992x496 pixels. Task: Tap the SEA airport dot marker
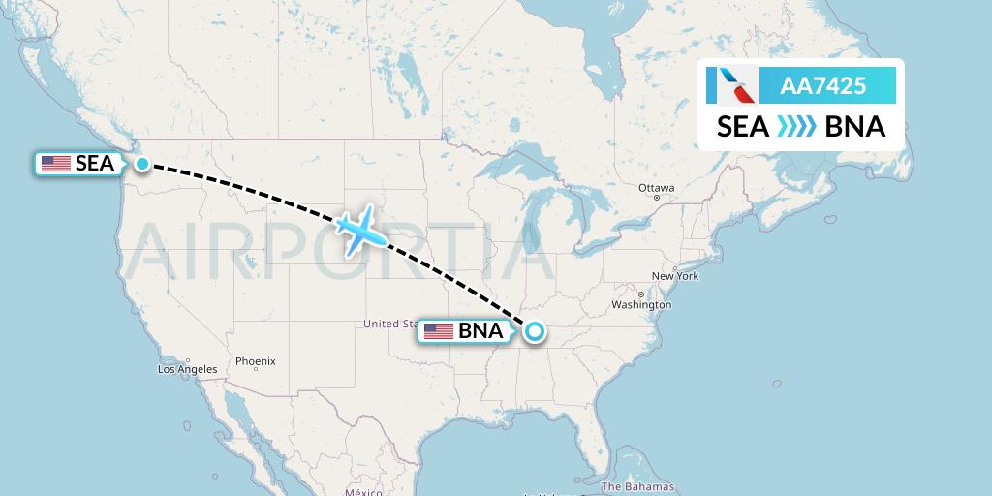pos(142,164)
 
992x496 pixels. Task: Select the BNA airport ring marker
pos(534,332)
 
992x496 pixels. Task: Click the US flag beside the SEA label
pos(56,164)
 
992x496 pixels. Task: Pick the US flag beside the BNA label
pos(439,332)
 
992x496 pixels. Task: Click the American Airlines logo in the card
pos(731,86)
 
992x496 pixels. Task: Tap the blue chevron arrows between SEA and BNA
pos(797,127)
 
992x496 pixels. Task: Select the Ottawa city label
pos(657,187)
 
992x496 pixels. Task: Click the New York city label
pos(675,276)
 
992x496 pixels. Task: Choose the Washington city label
pos(641,304)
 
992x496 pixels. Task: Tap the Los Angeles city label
pos(188,369)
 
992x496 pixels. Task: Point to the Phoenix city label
pos(256,361)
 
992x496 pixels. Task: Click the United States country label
pos(390,323)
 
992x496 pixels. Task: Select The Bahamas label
pos(637,486)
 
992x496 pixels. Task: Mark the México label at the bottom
pos(363,492)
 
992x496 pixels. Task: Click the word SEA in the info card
pos(743,127)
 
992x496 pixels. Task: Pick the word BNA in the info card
pos(854,127)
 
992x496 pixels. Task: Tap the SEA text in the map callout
pos(95,164)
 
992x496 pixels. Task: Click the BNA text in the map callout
pos(480,332)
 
